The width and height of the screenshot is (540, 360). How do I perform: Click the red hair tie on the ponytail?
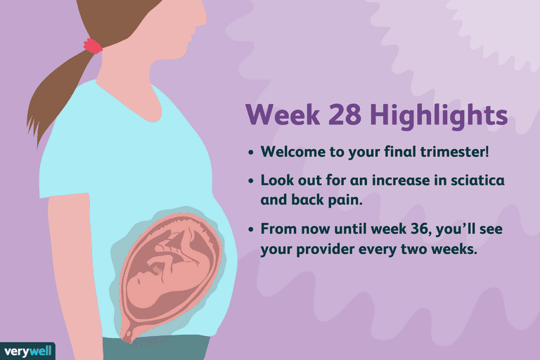tap(93, 46)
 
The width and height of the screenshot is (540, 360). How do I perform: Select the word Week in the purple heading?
tap(283, 115)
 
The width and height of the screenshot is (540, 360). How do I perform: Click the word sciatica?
tap(477, 180)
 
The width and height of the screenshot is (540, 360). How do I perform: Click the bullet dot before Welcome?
tap(251, 153)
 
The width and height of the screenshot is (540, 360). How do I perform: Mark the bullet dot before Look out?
tap(251, 181)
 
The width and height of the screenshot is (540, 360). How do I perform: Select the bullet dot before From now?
tap(251, 229)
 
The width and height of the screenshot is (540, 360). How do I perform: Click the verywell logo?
tap(27, 352)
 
